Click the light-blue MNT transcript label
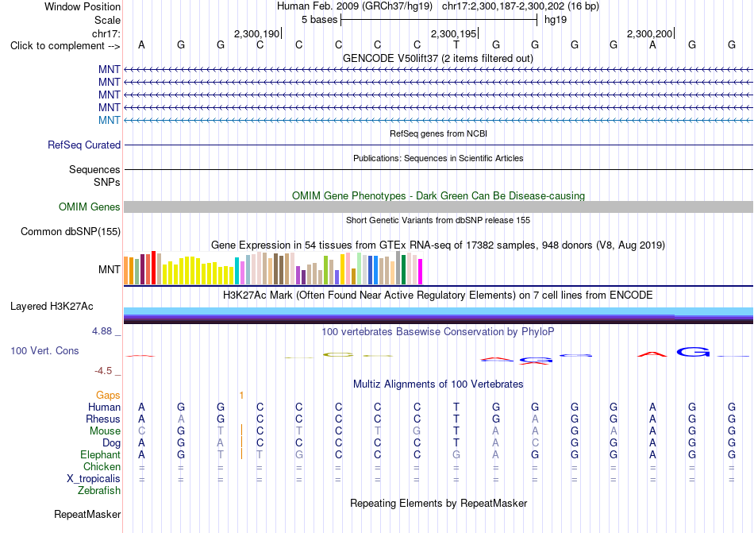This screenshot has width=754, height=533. click(x=110, y=120)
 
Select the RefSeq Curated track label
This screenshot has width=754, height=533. click(x=84, y=145)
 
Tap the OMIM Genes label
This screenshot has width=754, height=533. click(x=90, y=207)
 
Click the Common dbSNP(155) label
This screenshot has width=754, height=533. click(x=71, y=231)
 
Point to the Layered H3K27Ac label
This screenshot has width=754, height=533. click(x=52, y=307)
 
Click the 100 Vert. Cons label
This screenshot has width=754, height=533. click(x=44, y=350)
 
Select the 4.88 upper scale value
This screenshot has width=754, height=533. click(x=102, y=331)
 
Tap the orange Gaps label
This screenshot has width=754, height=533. click(x=108, y=395)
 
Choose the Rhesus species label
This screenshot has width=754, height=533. click(x=103, y=419)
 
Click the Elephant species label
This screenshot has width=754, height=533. click(x=101, y=454)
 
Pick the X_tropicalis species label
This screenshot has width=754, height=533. click(x=94, y=479)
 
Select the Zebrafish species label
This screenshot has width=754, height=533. click(x=99, y=491)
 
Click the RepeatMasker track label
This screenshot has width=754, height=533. click(x=87, y=514)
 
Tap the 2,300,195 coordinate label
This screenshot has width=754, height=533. click(x=453, y=33)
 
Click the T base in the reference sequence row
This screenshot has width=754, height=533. click(x=456, y=45)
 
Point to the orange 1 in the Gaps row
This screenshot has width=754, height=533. click(x=241, y=396)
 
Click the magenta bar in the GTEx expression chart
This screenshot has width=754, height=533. click(x=421, y=272)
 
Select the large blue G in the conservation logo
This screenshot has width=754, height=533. click(x=693, y=352)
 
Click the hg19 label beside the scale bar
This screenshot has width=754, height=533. click(x=556, y=20)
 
